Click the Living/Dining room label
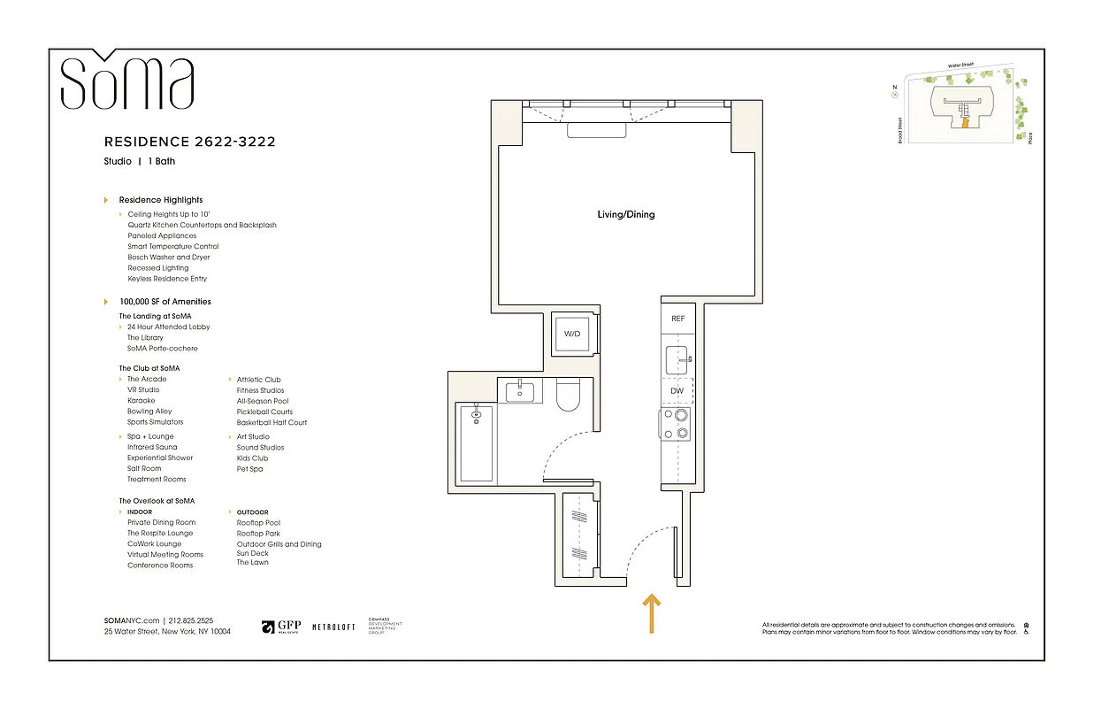click(625, 214)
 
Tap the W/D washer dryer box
click(572, 335)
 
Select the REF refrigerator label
click(677, 319)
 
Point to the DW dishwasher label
click(677, 390)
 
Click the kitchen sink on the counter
click(677, 360)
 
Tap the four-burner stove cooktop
click(676, 424)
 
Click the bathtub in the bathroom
click(476, 443)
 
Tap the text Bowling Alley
click(149, 412)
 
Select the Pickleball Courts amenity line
click(264, 412)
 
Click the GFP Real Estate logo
click(281, 627)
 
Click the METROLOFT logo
click(333, 627)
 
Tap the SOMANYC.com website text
click(132, 621)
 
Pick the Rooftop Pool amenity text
click(258, 523)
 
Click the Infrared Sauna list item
click(152, 447)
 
